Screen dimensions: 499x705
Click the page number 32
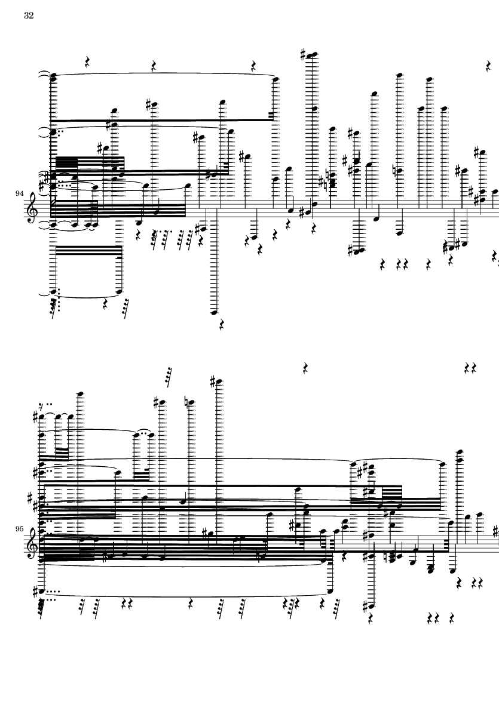(x=29, y=16)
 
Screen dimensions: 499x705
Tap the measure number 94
(x=19, y=193)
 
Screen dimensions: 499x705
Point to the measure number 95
(x=19, y=529)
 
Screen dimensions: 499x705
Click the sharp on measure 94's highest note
(x=303, y=55)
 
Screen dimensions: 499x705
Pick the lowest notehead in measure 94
(x=214, y=312)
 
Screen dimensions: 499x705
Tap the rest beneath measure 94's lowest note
(x=221, y=324)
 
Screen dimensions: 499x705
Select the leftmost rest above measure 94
(x=88, y=62)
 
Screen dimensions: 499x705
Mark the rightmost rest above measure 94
(x=488, y=66)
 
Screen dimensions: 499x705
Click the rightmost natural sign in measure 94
(x=394, y=170)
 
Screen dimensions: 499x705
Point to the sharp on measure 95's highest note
(x=213, y=383)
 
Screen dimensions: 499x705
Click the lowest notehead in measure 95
(x=371, y=606)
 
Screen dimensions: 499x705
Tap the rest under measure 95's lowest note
(x=371, y=619)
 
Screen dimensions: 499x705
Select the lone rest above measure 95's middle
(x=305, y=369)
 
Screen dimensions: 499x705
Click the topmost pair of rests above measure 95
(x=470, y=369)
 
